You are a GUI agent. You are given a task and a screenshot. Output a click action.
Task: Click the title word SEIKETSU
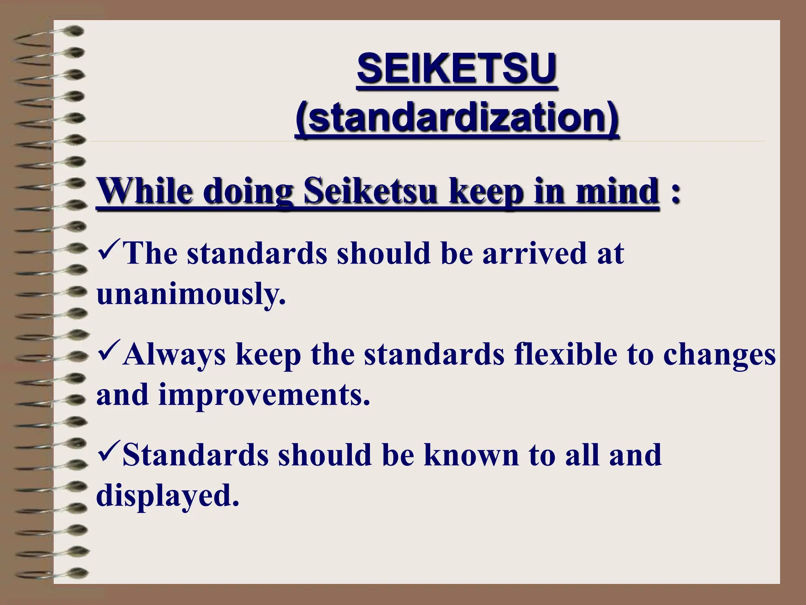coord(457,69)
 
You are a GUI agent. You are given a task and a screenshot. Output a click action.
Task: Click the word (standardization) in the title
coord(457,117)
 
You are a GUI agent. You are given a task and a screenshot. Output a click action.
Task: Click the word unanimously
coord(190,295)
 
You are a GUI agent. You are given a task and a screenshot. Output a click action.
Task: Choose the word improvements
coord(264,395)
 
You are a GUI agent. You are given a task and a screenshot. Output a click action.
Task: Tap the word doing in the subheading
coord(248,192)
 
